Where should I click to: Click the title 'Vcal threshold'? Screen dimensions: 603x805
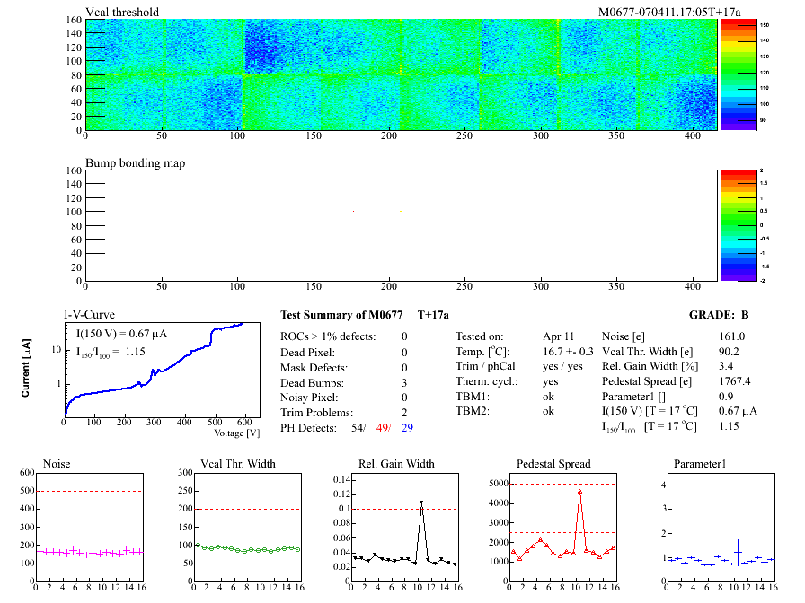pos(122,12)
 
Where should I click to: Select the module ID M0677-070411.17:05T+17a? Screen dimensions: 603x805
pos(657,12)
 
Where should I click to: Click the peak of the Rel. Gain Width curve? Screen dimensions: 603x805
pos(421,503)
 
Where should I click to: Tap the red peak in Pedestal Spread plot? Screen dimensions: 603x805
pos(580,492)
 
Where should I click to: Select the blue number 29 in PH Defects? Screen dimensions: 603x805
pos(408,427)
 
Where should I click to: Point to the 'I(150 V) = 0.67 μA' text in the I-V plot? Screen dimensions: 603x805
pos(116,335)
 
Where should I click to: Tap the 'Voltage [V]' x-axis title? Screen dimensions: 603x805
pos(237,433)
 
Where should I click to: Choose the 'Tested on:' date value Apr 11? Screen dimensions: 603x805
pos(557,336)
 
